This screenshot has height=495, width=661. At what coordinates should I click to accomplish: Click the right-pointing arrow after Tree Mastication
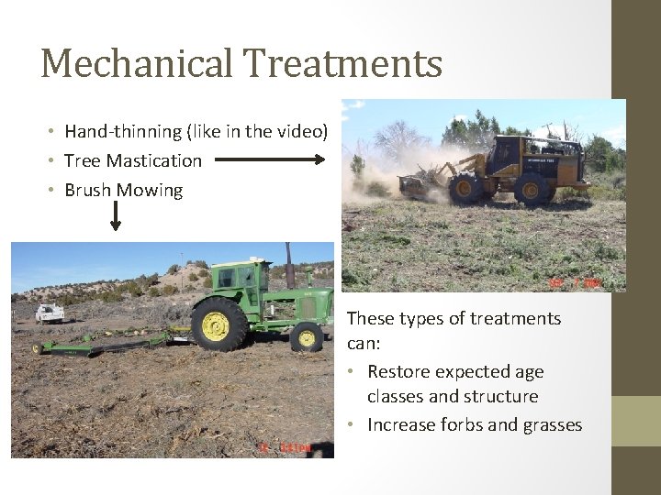tap(270, 159)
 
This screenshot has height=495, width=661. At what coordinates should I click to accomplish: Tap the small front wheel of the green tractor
tap(306, 336)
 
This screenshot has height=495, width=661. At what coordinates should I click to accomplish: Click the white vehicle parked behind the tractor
tap(50, 313)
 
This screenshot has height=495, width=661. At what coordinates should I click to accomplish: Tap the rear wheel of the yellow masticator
tap(532, 188)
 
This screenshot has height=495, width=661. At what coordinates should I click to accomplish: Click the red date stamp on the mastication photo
tap(575, 283)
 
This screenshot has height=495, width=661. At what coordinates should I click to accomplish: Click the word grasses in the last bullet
tap(552, 424)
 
